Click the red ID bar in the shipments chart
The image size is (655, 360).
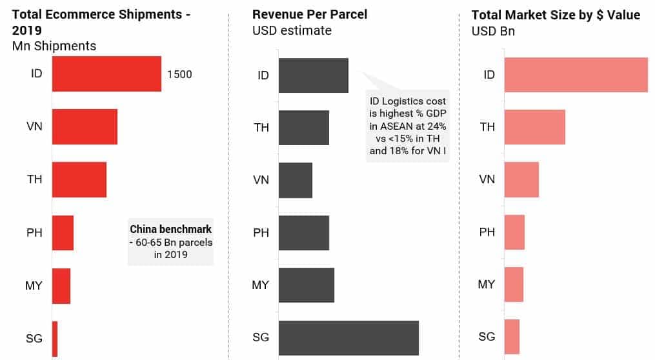point(106,74)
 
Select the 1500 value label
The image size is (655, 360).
point(179,74)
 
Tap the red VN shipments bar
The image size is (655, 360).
point(85,126)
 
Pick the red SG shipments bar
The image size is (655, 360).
point(55,339)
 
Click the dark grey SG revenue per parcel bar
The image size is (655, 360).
point(348,338)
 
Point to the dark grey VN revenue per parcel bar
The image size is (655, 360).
point(296,180)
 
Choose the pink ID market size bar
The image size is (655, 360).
point(576,75)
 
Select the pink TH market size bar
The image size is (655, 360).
point(534,127)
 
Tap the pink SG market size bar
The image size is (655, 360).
point(512,337)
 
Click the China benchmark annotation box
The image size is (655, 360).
point(170,242)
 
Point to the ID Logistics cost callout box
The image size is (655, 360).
point(407,126)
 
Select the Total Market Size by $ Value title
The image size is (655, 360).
point(556,15)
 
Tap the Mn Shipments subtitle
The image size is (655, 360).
point(54,46)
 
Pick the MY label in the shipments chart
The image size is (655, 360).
point(34,285)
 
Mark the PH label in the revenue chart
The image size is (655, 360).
point(261,232)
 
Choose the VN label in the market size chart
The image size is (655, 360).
point(487,179)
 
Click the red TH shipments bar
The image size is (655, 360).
point(79,179)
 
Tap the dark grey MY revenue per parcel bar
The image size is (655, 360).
point(307,285)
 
